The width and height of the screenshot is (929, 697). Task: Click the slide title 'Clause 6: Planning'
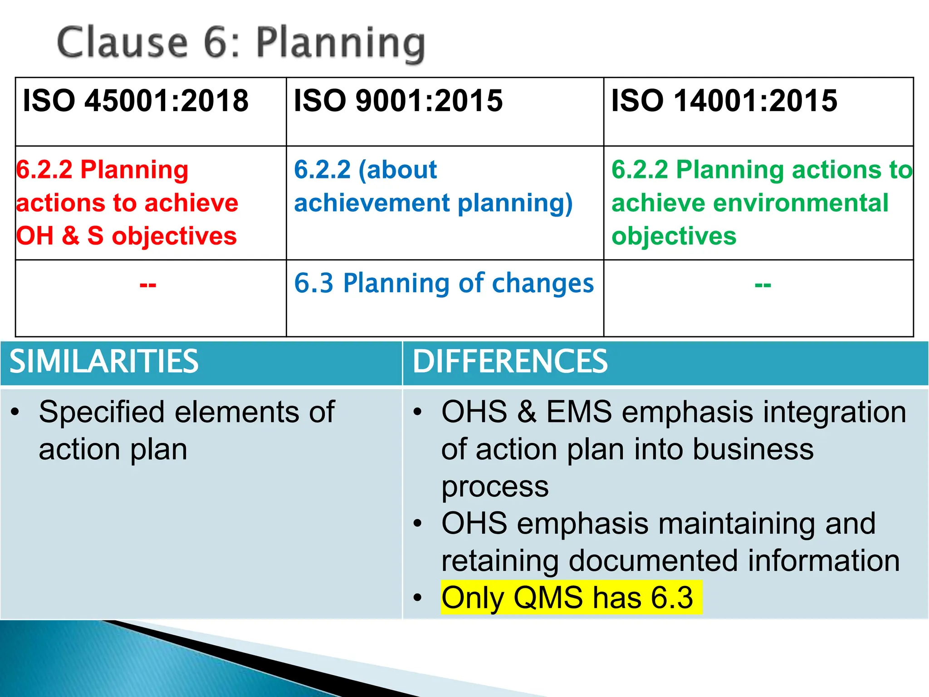tap(241, 43)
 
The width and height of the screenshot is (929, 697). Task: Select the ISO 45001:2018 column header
tap(136, 100)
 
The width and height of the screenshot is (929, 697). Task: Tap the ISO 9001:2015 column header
tap(398, 100)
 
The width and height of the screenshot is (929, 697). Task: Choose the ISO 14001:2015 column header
tap(724, 100)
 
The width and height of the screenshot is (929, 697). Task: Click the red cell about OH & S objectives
tap(127, 202)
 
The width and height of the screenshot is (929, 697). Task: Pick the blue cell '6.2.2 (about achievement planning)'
tap(433, 186)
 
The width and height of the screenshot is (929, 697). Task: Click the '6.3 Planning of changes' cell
tap(444, 283)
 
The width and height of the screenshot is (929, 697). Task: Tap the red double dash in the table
tap(148, 285)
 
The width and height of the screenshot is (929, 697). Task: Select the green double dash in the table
tap(763, 285)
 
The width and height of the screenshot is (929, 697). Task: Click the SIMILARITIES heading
tap(104, 362)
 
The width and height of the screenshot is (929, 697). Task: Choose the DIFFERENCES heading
tap(510, 362)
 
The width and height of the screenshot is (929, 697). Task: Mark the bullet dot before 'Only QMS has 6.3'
tap(417, 598)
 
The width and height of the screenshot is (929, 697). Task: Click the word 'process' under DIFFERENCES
tap(495, 486)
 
